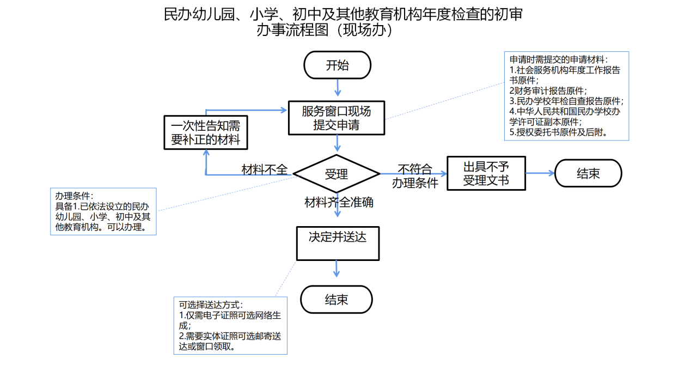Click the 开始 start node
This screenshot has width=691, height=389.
pos(338,65)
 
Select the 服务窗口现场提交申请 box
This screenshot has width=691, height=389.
pos(337,118)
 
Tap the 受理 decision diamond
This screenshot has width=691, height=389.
pos(337,174)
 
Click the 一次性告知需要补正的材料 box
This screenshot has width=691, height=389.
pos(206,132)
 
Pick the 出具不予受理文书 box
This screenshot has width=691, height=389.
pos(486,173)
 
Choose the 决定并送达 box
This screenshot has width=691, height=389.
pos(338,243)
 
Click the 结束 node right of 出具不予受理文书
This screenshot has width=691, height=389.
pos(588,173)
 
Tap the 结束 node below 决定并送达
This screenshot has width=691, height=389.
pos(337,300)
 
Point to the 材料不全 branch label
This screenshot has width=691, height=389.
pos(264,169)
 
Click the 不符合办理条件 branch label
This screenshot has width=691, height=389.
pos(415,176)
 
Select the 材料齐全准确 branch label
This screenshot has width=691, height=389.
pos(339,203)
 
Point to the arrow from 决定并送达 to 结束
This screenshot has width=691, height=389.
pos(337,269)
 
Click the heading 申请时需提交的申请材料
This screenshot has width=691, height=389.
pos(559,59)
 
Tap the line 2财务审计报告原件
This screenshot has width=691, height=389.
pos(548,90)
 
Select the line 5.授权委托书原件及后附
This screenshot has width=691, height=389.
pos(559,132)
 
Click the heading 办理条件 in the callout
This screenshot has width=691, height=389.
pos(75,196)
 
